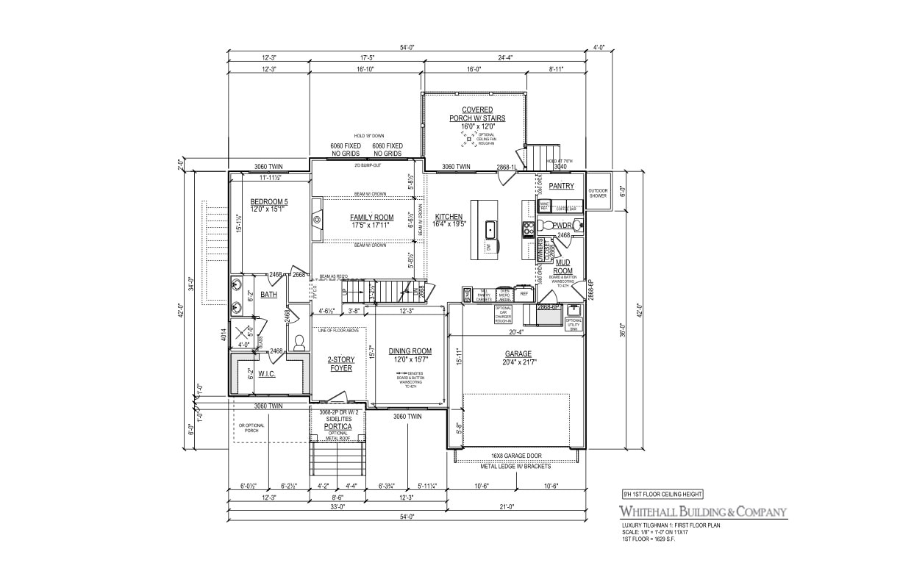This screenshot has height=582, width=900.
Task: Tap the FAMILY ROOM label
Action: (371, 218)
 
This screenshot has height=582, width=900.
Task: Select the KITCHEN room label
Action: (449, 217)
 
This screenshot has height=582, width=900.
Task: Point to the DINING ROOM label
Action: (410, 351)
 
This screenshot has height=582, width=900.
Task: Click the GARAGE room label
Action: (518, 354)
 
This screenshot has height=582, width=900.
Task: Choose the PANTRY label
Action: (561, 186)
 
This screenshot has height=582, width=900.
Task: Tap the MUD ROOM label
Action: (563, 266)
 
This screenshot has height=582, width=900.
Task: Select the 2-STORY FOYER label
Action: (341, 364)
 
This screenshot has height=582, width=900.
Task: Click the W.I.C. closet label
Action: (266, 373)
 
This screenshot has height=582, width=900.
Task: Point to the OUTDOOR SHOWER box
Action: (599, 193)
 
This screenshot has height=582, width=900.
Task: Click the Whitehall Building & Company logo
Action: (703, 511)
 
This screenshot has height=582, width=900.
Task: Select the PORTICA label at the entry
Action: (337, 426)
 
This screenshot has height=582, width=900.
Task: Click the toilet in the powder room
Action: (577, 226)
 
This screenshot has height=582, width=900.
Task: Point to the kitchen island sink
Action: (490, 231)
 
